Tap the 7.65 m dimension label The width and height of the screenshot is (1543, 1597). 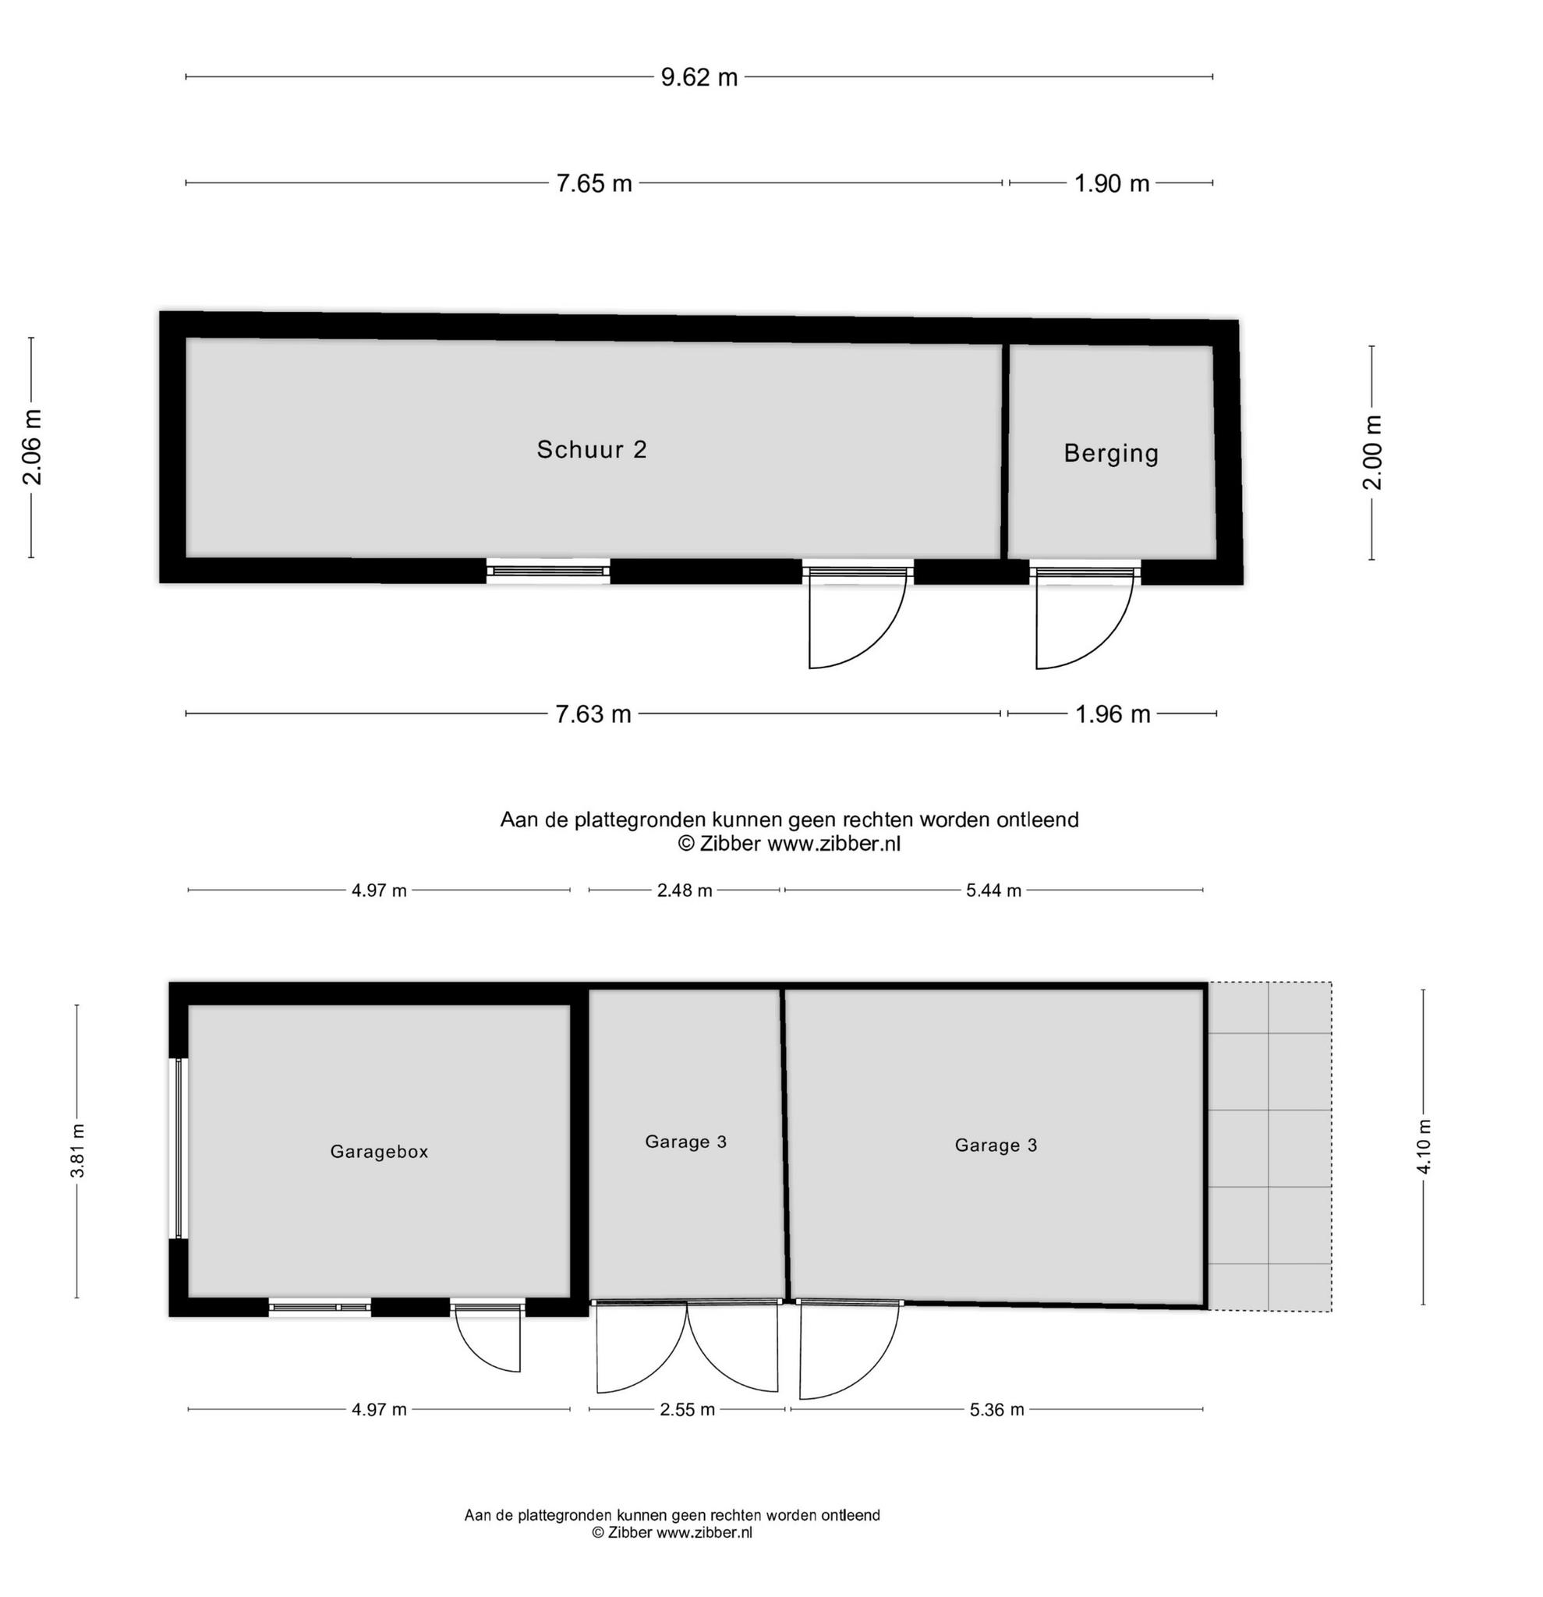click(594, 183)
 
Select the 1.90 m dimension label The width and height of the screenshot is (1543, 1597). click(1111, 183)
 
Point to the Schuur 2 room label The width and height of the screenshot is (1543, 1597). click(592, 450)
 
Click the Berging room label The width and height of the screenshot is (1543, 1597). click(1111, 453)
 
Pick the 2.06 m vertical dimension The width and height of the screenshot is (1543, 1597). click(33, 448)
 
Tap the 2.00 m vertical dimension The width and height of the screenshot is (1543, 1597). click(1373, 452)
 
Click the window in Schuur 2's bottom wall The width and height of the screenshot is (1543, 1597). click(548, 571)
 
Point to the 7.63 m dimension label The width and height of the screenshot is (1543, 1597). click(593, 714)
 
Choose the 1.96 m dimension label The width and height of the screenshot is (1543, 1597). click(1113, 714)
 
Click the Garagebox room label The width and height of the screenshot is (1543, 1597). click(379, 1152)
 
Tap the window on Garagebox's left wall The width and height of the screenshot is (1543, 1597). click(179, 1148)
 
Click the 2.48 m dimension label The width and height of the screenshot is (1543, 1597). click(685, 891)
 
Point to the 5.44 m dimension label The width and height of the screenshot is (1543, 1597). click(993, 891)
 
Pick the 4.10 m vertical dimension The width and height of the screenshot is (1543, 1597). click(1424, 1147)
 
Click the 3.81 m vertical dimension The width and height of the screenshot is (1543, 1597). click(77, 1151)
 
